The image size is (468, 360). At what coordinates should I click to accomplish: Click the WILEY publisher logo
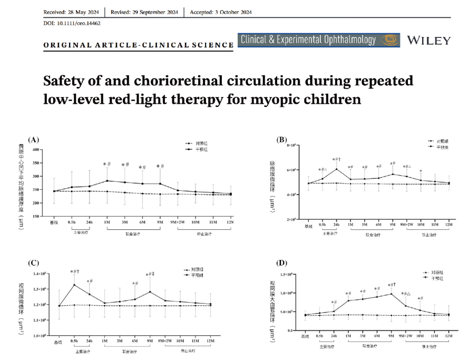(x=429, y=41)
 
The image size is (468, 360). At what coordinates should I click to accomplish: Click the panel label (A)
(x=33, y=140)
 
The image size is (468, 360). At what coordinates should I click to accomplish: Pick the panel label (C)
(x=33, y=263)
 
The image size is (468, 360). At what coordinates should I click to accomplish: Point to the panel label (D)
(x=282, y=263)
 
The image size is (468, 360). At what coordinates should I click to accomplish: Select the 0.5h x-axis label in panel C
(x=74, y=340)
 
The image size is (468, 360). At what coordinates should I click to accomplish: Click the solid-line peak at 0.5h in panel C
(x=74, y=285)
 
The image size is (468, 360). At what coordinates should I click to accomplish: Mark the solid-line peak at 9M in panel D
(x=392, y=294)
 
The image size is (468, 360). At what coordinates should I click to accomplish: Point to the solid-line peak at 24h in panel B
(x=336, y=169)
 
